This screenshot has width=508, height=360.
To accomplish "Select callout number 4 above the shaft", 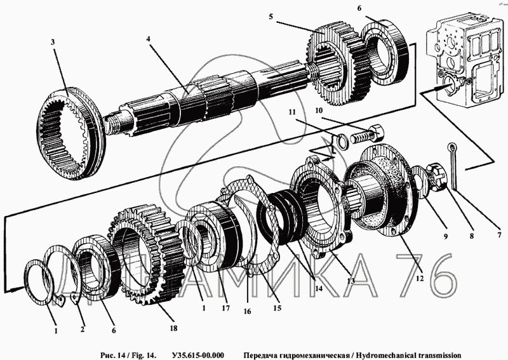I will pos(148,39).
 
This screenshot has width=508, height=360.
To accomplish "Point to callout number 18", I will pos(173,328).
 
